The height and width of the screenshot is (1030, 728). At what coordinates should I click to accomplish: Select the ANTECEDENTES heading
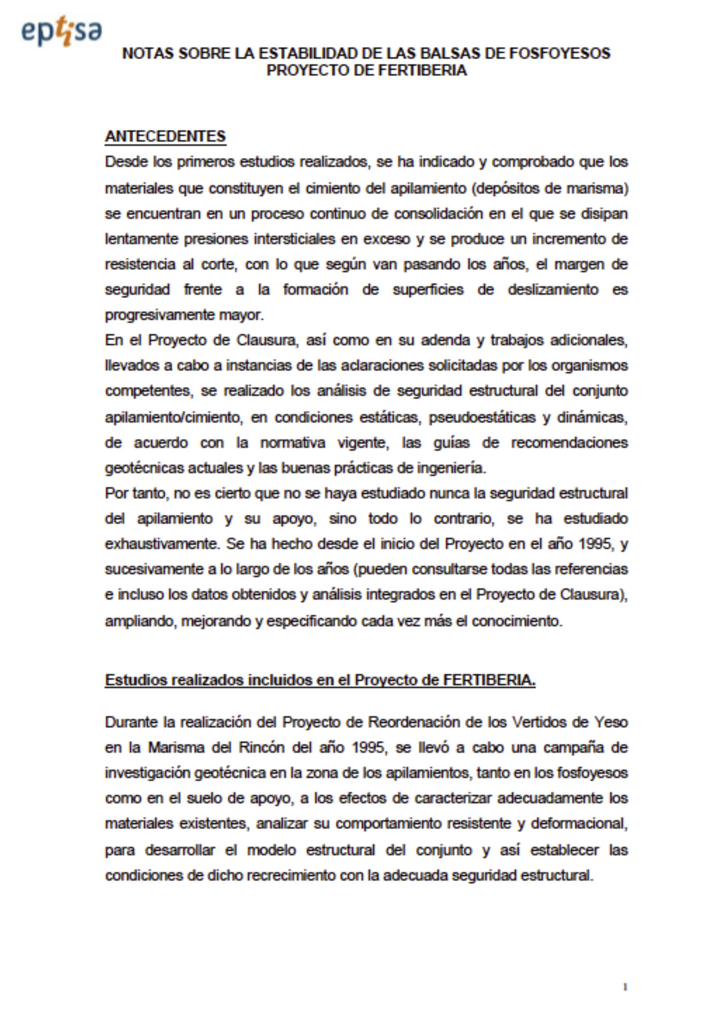(x=165, y=136)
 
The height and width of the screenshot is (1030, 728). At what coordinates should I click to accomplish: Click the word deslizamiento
(x=553, y=290)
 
